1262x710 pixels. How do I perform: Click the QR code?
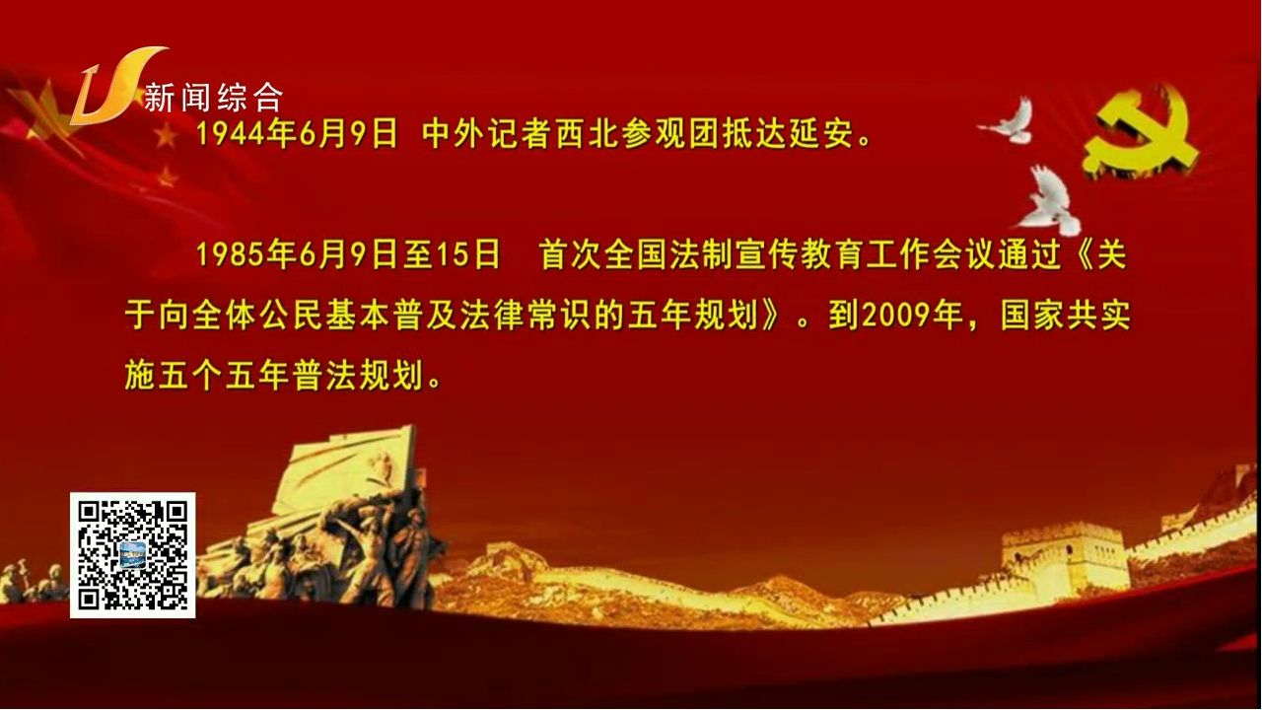pyautogui.click(x=133, y=555)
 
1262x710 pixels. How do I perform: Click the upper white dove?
pyautogui.click(x=1010, y=120)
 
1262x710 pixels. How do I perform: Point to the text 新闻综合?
pyautogui.click(x=213, y=98)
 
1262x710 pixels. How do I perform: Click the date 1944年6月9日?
pyautogui.click(x=297, y=135)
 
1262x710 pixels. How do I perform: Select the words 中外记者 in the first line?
pyautogui.click(x=488, y=135)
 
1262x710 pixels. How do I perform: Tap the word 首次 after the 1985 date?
pyautogui.click(x=571, y=255)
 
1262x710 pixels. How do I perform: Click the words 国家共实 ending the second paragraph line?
pyautogui.click(x=1066, y=317)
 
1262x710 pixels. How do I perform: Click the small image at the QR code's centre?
pyautogui.click(x=133, y=554)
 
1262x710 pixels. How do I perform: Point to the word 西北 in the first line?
pyautogui.click(x=588, y=135)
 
